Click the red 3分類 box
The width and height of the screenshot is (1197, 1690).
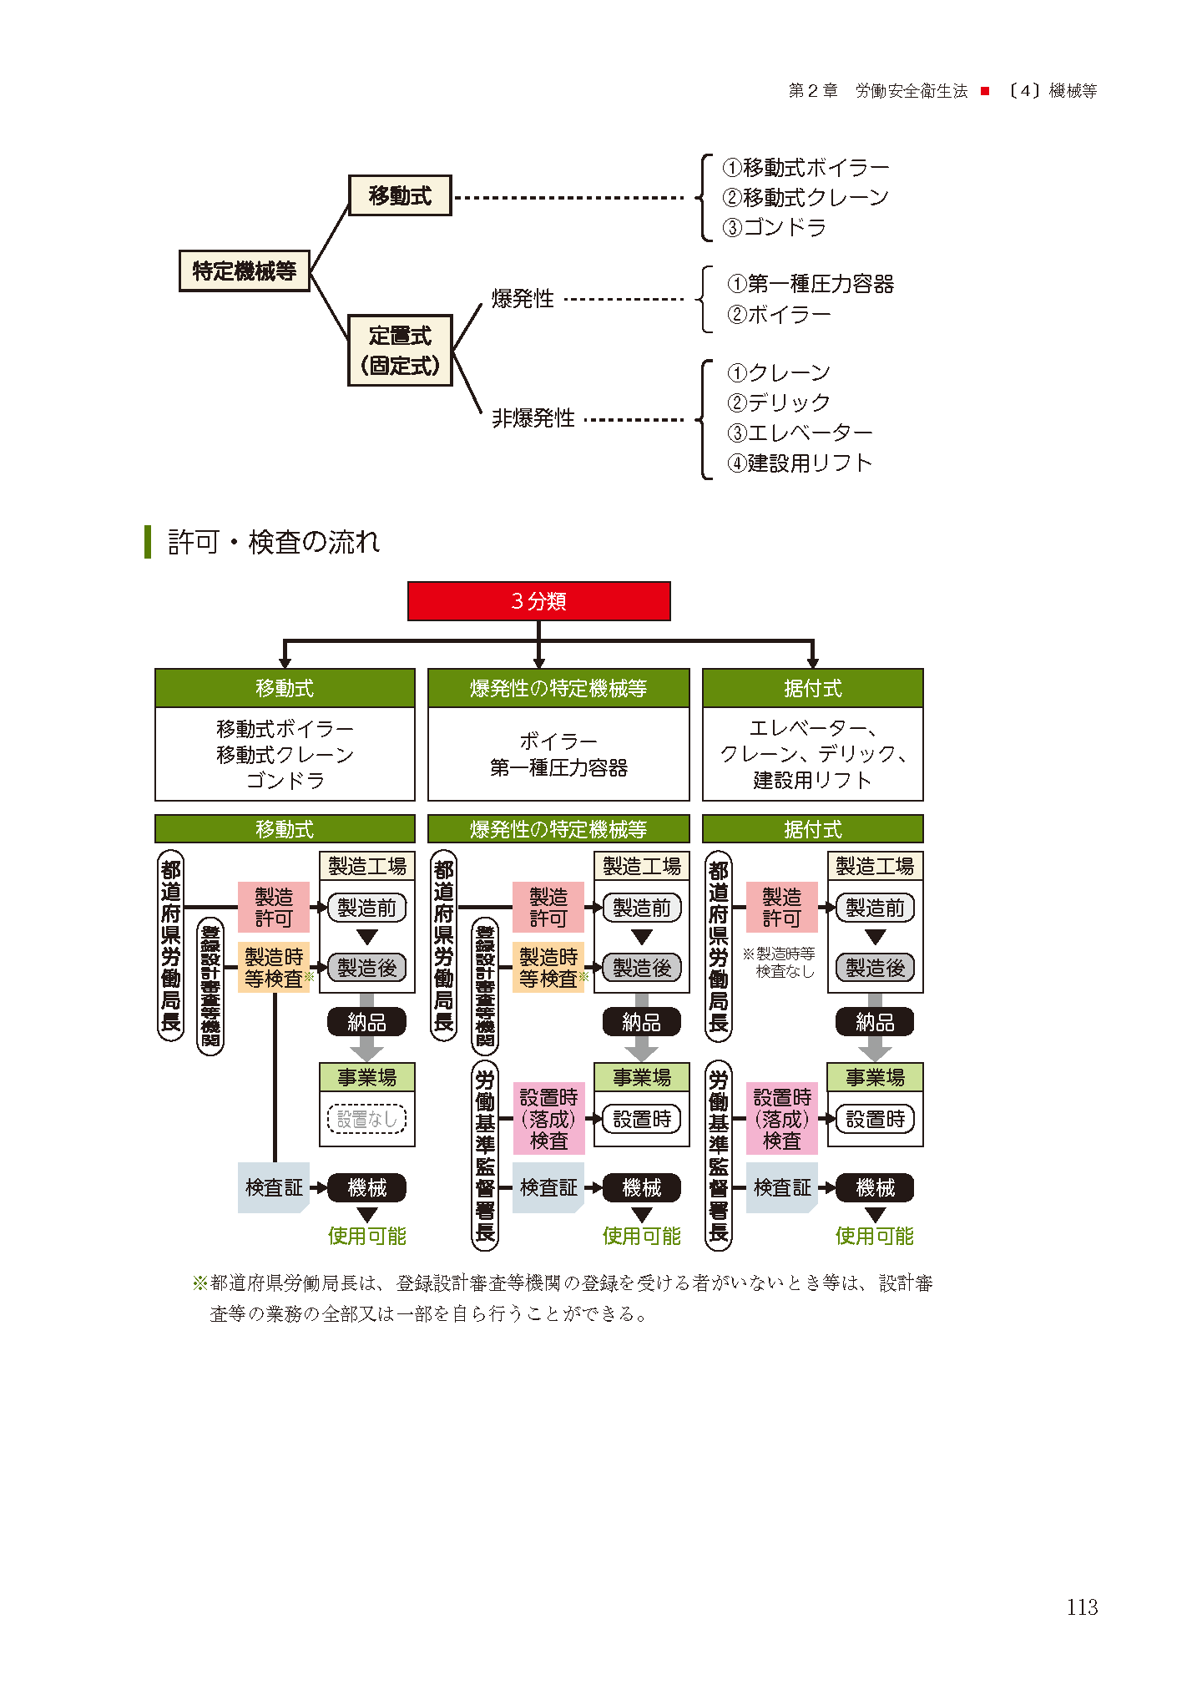point(538,601)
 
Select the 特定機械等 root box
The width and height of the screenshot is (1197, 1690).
point(244,271)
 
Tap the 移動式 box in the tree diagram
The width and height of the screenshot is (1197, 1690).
point(400,195)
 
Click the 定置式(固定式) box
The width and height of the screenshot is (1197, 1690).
point(400,351)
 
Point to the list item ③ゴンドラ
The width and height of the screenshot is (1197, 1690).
point(775,227)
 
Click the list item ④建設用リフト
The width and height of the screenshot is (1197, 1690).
point(800,463)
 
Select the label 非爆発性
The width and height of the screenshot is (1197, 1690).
point(533,417)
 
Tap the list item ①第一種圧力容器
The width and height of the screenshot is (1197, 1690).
point(810,284)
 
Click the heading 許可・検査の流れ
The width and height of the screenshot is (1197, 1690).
point(274,542)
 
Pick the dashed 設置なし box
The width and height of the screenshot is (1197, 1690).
point(366,1119)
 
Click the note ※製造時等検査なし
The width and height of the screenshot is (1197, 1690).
point(780,962)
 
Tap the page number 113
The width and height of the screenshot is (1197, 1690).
point(1082,1607)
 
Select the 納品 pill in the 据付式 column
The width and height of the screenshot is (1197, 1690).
point(875,1022)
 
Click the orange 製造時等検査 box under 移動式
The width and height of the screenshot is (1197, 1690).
point(274,968)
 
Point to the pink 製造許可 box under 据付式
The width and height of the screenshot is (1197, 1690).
point(781,908)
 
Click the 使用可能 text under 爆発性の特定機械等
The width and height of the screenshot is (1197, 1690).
point(641,1236)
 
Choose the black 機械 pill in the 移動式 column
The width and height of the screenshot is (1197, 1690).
point(366,1187)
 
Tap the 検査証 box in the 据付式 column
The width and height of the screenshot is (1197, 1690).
point(781,1187)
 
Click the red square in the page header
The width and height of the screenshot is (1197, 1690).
point(985,91)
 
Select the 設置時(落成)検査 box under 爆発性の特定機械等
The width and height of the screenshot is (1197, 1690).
point(548,1119)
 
